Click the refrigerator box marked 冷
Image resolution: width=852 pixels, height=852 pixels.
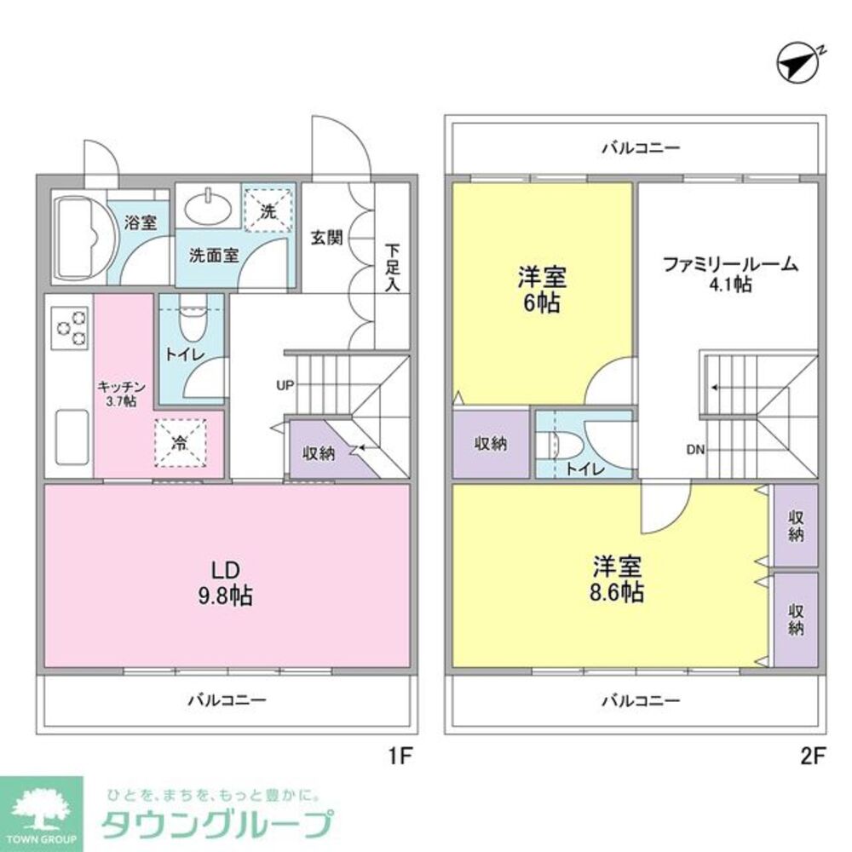pos(181,443)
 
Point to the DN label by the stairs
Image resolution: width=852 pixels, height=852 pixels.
pos(694,451)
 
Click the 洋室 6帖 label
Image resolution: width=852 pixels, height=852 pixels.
pos(541,291)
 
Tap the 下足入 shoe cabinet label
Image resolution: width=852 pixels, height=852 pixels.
pos(392,268)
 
